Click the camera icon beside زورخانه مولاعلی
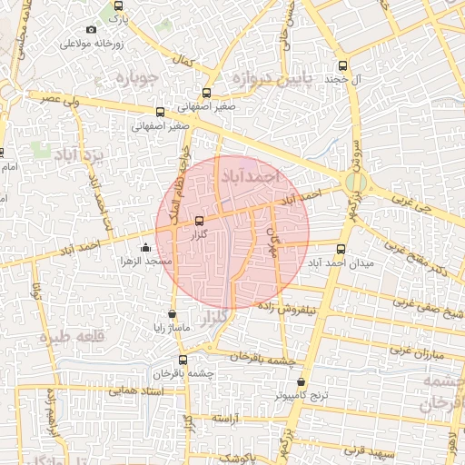click(91, 30)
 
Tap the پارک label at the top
click(114, 17)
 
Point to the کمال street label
click(184, 62)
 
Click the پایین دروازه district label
click(269, 79)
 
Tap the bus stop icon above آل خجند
click(342, 65)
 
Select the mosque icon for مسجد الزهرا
click(146, 247)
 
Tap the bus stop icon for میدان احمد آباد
click(341, 249)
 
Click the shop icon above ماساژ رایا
click(173, 314)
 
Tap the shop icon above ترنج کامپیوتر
click(302, 382)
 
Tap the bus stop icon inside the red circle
click(200, 219)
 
